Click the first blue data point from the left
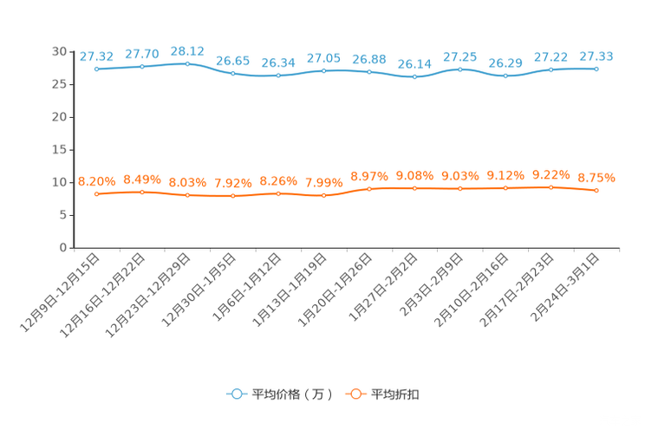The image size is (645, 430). click(x=97, y=68)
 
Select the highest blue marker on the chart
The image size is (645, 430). click(x=187, y=63)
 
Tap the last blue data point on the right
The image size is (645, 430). click(x=596, y=68)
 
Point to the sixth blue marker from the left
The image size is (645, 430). click(x=324, y=70)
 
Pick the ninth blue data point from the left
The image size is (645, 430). click(x=460, y=68)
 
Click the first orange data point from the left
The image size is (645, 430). click(x=97, y=193)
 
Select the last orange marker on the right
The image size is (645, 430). click(x=596, y=190)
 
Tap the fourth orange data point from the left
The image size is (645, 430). click(x=233, y=196)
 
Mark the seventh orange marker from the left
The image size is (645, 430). click(x=369, y=188)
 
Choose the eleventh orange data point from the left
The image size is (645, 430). click(x=551, y=186)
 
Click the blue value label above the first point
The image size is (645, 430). click(x=96, y=56)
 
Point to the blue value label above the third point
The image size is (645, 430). click(x=187, y=51)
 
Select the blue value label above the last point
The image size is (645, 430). click(x=596, y=56)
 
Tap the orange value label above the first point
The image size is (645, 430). click(x=96, y=181)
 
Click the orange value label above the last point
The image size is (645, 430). click(x=596, y=179)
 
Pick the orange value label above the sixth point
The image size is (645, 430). click(x=324, y=183)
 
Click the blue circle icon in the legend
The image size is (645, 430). click(x=236, y=394)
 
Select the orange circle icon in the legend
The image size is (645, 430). click(x=355, y=394)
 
